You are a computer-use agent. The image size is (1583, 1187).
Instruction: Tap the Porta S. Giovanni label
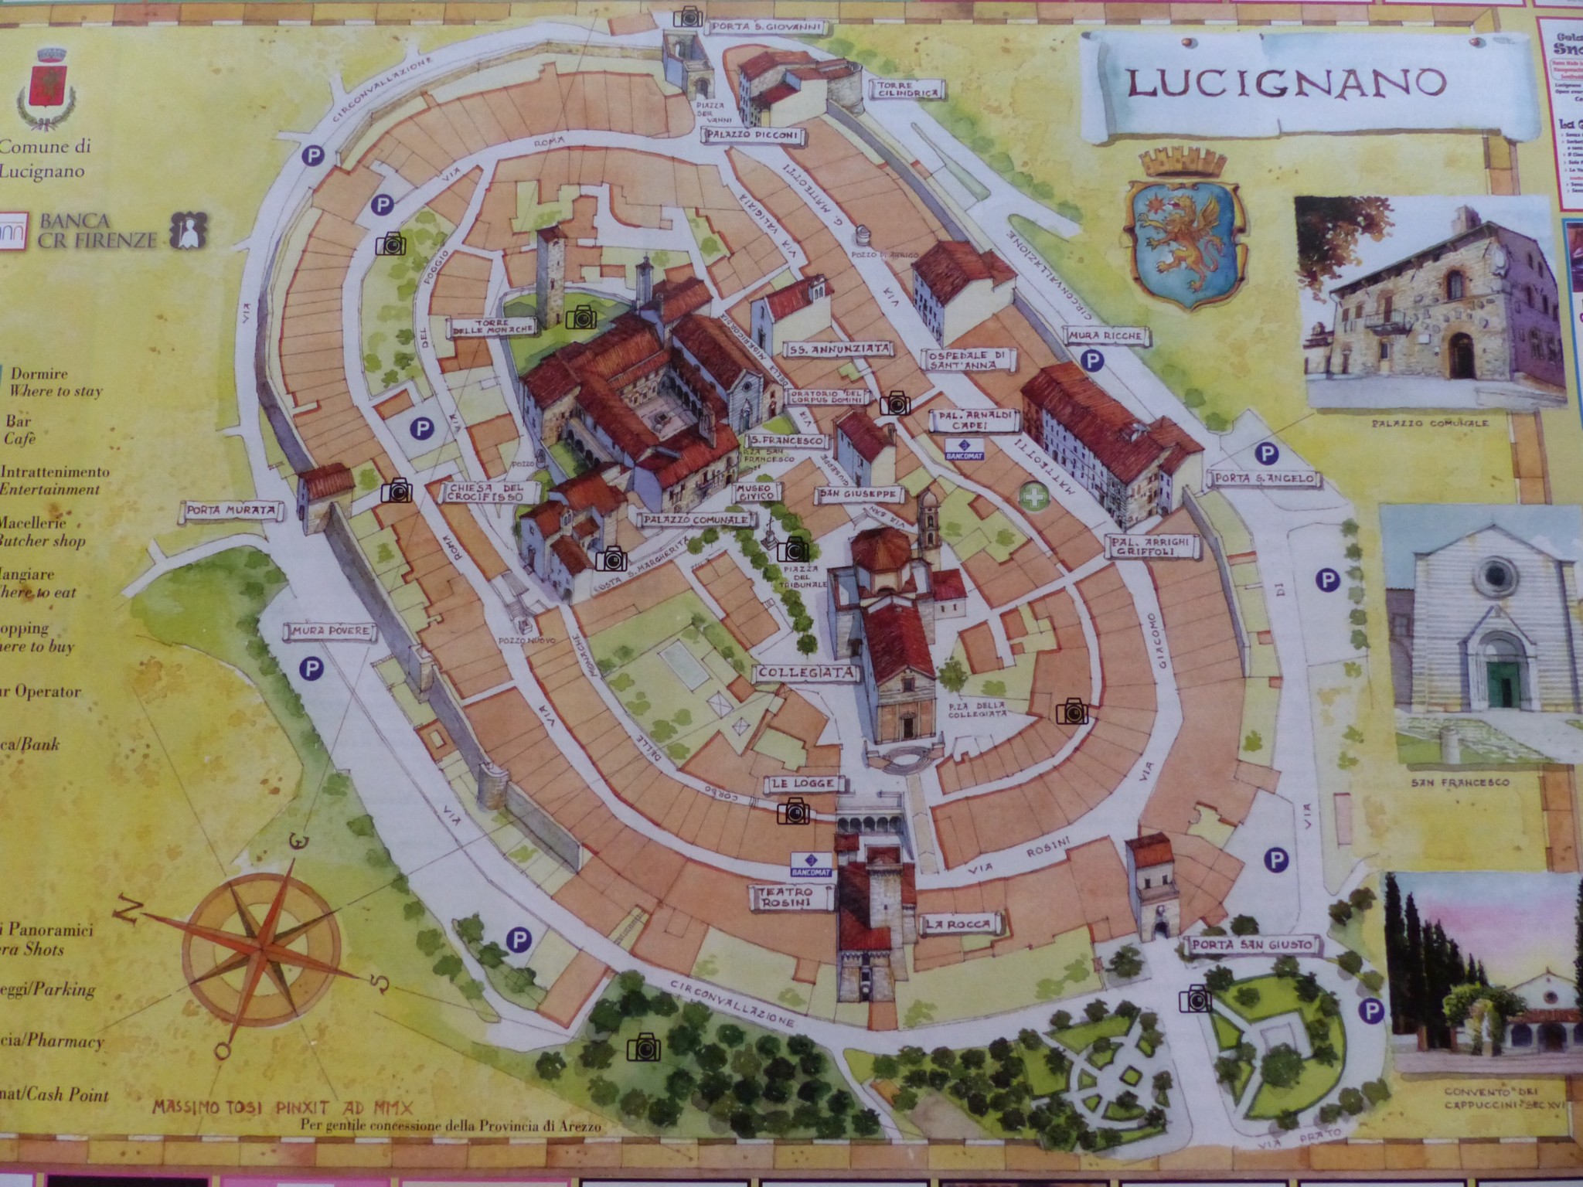766,28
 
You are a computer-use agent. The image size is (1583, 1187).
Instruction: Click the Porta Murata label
231,511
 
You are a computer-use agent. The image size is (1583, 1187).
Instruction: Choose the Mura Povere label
329,633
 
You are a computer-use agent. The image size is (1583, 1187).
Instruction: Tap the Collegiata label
807,673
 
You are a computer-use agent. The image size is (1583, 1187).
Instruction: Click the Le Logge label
802,784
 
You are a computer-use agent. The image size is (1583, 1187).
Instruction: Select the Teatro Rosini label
781,897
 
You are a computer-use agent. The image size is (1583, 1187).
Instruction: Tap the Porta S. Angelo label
1263,479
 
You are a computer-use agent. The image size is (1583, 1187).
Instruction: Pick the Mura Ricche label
1107,337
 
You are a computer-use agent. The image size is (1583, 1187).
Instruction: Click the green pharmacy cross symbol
1030,497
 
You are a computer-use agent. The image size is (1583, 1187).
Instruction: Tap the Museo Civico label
754,494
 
